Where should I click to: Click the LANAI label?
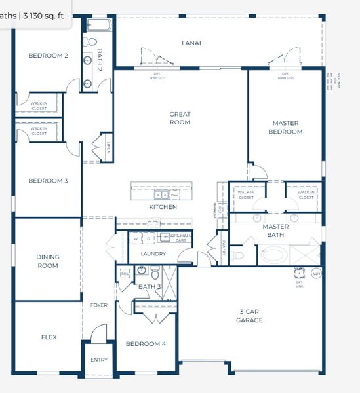click(x=191, y=43)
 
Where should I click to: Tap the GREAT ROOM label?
click(x=180, y=118)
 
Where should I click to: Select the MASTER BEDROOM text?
click(x=287, y=128)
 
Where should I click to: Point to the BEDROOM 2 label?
click(x=48, y=56)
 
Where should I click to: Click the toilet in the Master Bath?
click(x=239, y=255)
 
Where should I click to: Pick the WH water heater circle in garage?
click(x=316, y=274)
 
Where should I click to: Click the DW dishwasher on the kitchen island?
click(x=174, y=195)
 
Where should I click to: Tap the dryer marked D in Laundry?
click(x=149, y=238)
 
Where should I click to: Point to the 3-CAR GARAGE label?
click(x=249, y=316)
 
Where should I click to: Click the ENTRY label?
click(x=98, y=360)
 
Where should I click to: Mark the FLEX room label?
click(x=49, y=337)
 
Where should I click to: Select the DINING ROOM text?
click(x=47, y=261)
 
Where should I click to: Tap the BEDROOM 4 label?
click(x=146, y=344)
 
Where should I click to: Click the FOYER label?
click(x=98, y=305)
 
